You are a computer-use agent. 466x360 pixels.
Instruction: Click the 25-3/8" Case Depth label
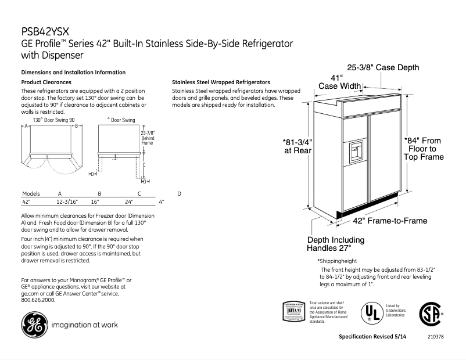click(x=383, y=68)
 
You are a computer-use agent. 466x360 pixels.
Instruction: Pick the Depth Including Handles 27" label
click(x=336, y=244)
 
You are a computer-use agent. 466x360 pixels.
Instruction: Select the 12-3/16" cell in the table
click(x=67, y=202)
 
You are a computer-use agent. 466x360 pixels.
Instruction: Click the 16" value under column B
click(x=95, y=202)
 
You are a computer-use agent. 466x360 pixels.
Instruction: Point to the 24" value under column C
click(x=129, y=202)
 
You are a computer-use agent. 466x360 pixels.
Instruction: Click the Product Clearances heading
click(x=46, y=82)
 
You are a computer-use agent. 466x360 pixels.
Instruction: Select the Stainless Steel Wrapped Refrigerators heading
click(x=221, y=82)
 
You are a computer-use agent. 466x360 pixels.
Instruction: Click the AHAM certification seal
click(x=293, y=311)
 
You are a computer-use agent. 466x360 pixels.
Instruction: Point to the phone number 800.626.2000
click(x=38, y=300)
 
